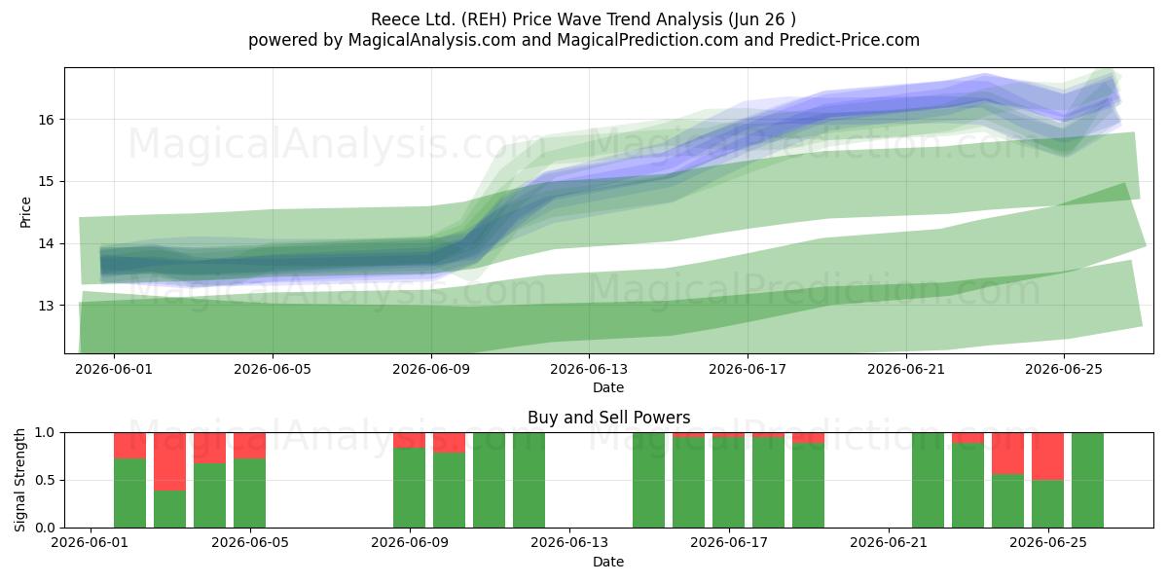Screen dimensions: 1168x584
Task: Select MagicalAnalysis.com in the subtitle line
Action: click(432, 40)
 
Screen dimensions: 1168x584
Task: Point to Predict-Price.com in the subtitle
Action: click(850, 40)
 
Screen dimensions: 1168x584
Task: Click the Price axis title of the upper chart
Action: click(25, 212)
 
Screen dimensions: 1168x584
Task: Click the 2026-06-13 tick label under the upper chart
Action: click(589, 369)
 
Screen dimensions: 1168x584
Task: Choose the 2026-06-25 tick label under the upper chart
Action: click(1064, 369)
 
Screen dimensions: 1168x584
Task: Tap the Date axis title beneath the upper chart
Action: click(608, 387)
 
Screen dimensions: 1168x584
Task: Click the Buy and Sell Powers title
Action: click(608, 418)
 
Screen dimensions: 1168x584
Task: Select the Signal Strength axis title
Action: click(19, 480)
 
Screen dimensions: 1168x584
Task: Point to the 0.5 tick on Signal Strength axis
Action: click(46, 480)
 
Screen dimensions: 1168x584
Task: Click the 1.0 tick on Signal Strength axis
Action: click(46, 432)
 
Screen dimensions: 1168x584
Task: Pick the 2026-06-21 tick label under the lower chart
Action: click(889, 542)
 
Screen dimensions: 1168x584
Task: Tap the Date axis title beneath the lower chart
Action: click(608, 562)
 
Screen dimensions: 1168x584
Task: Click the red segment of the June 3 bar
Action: click(169, 461)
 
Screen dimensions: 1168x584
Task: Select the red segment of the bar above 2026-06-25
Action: click(1047, 456)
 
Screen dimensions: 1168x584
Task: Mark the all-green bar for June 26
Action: click(1088, 480)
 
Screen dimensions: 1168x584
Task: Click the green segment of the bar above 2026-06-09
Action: click(410, 488)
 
